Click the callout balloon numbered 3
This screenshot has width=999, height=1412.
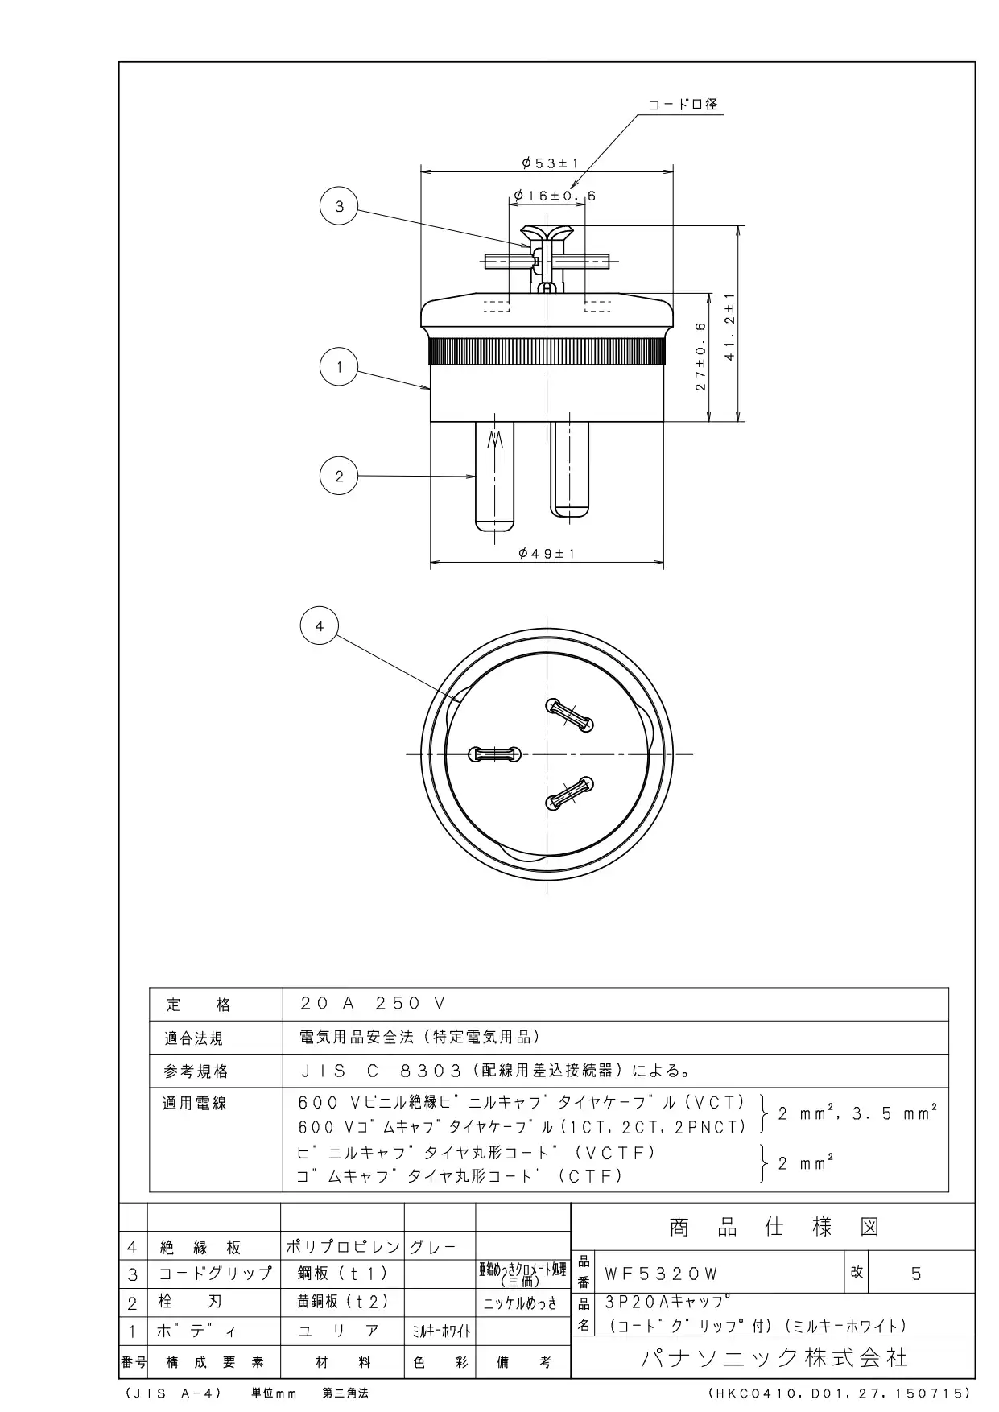pos(340,207)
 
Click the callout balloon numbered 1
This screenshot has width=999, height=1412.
pos(340,368)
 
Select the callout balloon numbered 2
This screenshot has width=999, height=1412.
pos(339,476)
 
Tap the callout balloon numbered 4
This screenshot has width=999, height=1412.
pos(320,625)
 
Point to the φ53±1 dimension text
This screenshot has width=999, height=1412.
pos(550,163)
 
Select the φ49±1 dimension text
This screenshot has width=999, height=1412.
pos(547,554)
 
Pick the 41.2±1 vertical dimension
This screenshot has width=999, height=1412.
pos(729,326)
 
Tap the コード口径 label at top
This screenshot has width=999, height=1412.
pos(683,105)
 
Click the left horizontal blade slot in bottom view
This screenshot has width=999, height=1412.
pos(494,754)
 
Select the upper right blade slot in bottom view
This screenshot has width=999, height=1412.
pos(570,714)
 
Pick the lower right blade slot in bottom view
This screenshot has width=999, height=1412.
pos(570,793)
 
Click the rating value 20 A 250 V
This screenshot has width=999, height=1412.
pos(372,1003)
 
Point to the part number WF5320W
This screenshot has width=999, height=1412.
pos(661,1274)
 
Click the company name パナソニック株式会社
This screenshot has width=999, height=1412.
pos(774,1358)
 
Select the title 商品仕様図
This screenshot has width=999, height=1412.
pos(774,1227)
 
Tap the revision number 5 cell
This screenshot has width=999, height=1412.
pos(916,1274)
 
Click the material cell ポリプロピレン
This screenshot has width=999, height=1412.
pos(343,1247)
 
